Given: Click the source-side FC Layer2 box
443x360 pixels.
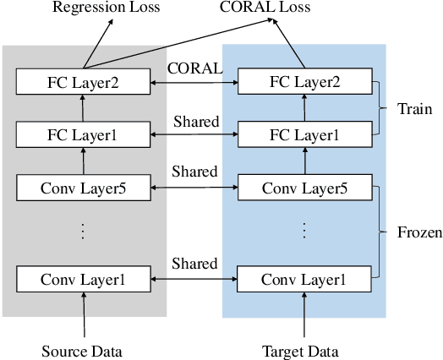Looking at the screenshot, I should tap(83, 83).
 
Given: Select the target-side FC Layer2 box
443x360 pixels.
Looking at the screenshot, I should tap(305, 83).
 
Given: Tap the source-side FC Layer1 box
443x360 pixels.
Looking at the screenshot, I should tap(83, 135).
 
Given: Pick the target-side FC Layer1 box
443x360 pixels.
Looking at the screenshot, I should tap(305, 135).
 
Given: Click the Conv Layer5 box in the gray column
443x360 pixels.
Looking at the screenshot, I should tap(83, 188).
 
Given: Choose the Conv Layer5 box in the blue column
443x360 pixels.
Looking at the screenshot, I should tap(305, 188).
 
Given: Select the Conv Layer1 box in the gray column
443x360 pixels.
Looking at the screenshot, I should tap(83, 278).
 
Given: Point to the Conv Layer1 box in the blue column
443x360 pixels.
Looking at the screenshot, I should tap(305, 278).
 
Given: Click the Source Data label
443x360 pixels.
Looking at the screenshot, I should tap(83, 349).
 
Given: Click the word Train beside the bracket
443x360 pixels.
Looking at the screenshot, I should tap(414, 109).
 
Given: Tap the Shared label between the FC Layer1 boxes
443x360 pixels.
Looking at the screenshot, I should tap(195, 121).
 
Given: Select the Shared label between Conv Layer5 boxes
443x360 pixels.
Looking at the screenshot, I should tap(195, 172).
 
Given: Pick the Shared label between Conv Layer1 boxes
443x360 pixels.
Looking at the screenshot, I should tap(195, 263).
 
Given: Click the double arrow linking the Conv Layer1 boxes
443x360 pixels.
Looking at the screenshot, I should tap(194, 278).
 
